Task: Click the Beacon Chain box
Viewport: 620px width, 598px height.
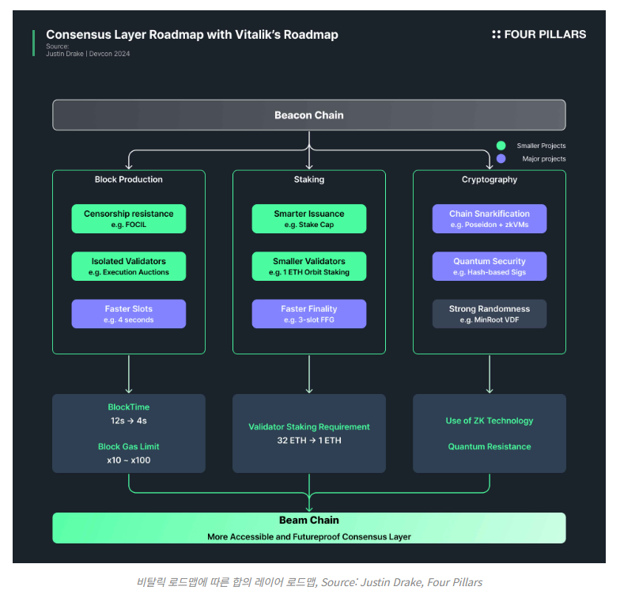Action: (309, 115)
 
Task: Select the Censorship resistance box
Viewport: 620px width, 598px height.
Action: (129, 219)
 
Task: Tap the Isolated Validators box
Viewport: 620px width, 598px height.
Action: (129, 267)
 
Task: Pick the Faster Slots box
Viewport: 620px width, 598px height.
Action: (129, 314)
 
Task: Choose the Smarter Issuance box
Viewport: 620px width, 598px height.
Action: (309, 219)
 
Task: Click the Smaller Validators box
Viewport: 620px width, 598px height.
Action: (309, 267)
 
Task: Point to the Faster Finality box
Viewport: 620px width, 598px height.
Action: (309, 314)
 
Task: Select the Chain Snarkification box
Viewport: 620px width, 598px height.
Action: (490, 219)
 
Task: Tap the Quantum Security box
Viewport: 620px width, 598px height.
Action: (490, 267)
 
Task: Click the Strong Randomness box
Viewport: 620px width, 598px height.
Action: (490, 314)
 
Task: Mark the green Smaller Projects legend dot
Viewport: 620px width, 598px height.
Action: (501, 146)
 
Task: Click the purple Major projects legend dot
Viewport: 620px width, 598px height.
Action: (501, 159)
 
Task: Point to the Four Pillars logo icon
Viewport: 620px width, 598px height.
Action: (497, 34)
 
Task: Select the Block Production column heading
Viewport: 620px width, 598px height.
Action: (129, 180)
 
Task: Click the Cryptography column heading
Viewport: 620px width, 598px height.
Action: (490, 180)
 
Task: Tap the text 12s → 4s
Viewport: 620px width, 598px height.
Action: (129, 421)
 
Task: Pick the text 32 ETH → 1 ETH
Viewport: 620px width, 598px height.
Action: (309, 441)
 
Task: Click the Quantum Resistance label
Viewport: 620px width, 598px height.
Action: (490, 447)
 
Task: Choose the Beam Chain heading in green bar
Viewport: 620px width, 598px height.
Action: (309, 520)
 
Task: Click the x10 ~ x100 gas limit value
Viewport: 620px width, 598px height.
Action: (129, 460)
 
